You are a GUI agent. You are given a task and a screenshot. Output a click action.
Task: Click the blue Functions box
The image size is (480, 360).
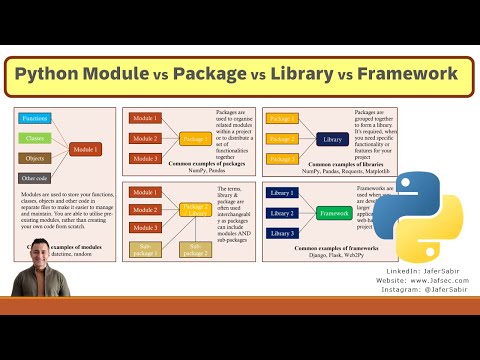[x=38, y=119]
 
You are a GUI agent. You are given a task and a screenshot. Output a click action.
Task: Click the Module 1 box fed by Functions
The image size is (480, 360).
[x=86, y=149]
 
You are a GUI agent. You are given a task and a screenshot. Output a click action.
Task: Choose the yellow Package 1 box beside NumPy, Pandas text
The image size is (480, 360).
[x=195, y=139]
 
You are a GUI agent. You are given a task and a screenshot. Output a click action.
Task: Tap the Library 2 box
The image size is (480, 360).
[x=282, y=212]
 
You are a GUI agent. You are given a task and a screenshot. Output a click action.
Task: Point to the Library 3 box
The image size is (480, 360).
[x=282, y=232]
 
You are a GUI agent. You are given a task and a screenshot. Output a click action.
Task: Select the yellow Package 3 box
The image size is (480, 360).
[x=282, y=156]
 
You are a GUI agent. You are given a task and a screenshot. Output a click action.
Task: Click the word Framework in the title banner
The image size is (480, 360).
[x=400, y=74]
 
